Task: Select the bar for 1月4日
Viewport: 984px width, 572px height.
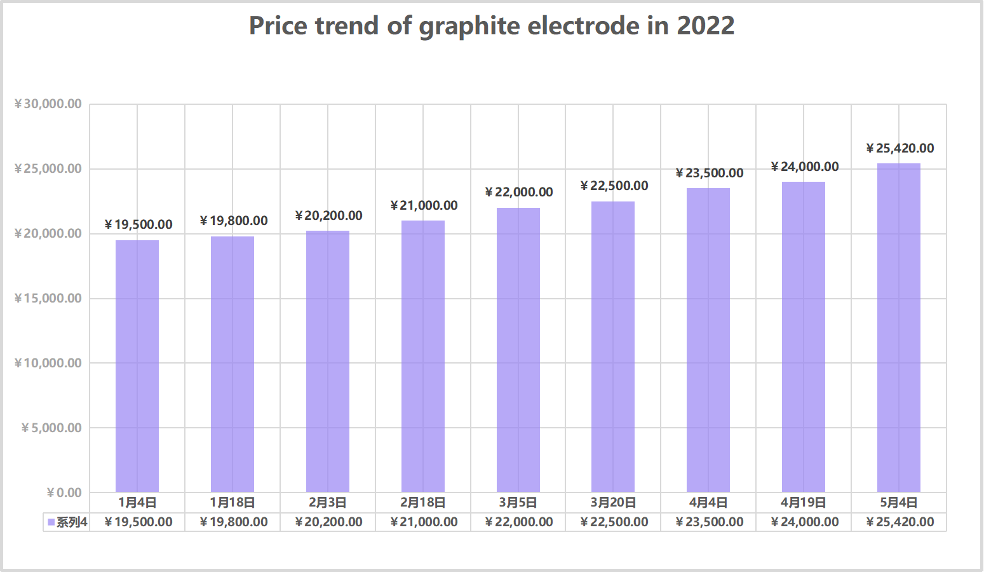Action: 137,365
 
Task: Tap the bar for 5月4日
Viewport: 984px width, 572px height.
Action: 898,327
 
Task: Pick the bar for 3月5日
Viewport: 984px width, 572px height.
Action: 518,350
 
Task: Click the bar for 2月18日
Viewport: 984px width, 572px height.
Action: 423,356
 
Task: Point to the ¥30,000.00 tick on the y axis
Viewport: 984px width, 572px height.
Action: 48,104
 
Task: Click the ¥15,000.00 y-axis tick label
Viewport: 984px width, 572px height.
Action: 48,298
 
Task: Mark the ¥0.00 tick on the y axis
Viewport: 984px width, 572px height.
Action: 64,493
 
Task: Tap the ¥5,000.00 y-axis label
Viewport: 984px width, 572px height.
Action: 51,428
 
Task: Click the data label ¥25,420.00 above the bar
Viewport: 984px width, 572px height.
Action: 900,148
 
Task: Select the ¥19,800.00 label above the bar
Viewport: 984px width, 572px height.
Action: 233,221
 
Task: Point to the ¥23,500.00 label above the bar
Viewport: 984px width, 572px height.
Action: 709,173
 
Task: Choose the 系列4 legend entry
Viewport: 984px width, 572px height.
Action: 67,522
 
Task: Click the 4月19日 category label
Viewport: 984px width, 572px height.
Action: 804,503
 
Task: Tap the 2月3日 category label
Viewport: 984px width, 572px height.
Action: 328,503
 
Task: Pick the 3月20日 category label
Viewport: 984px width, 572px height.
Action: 613,503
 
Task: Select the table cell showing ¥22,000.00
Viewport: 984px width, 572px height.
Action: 518,522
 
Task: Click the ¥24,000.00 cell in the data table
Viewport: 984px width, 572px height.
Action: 804,522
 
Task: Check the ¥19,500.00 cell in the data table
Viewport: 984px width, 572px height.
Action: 138,522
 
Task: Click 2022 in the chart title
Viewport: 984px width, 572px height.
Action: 705,26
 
